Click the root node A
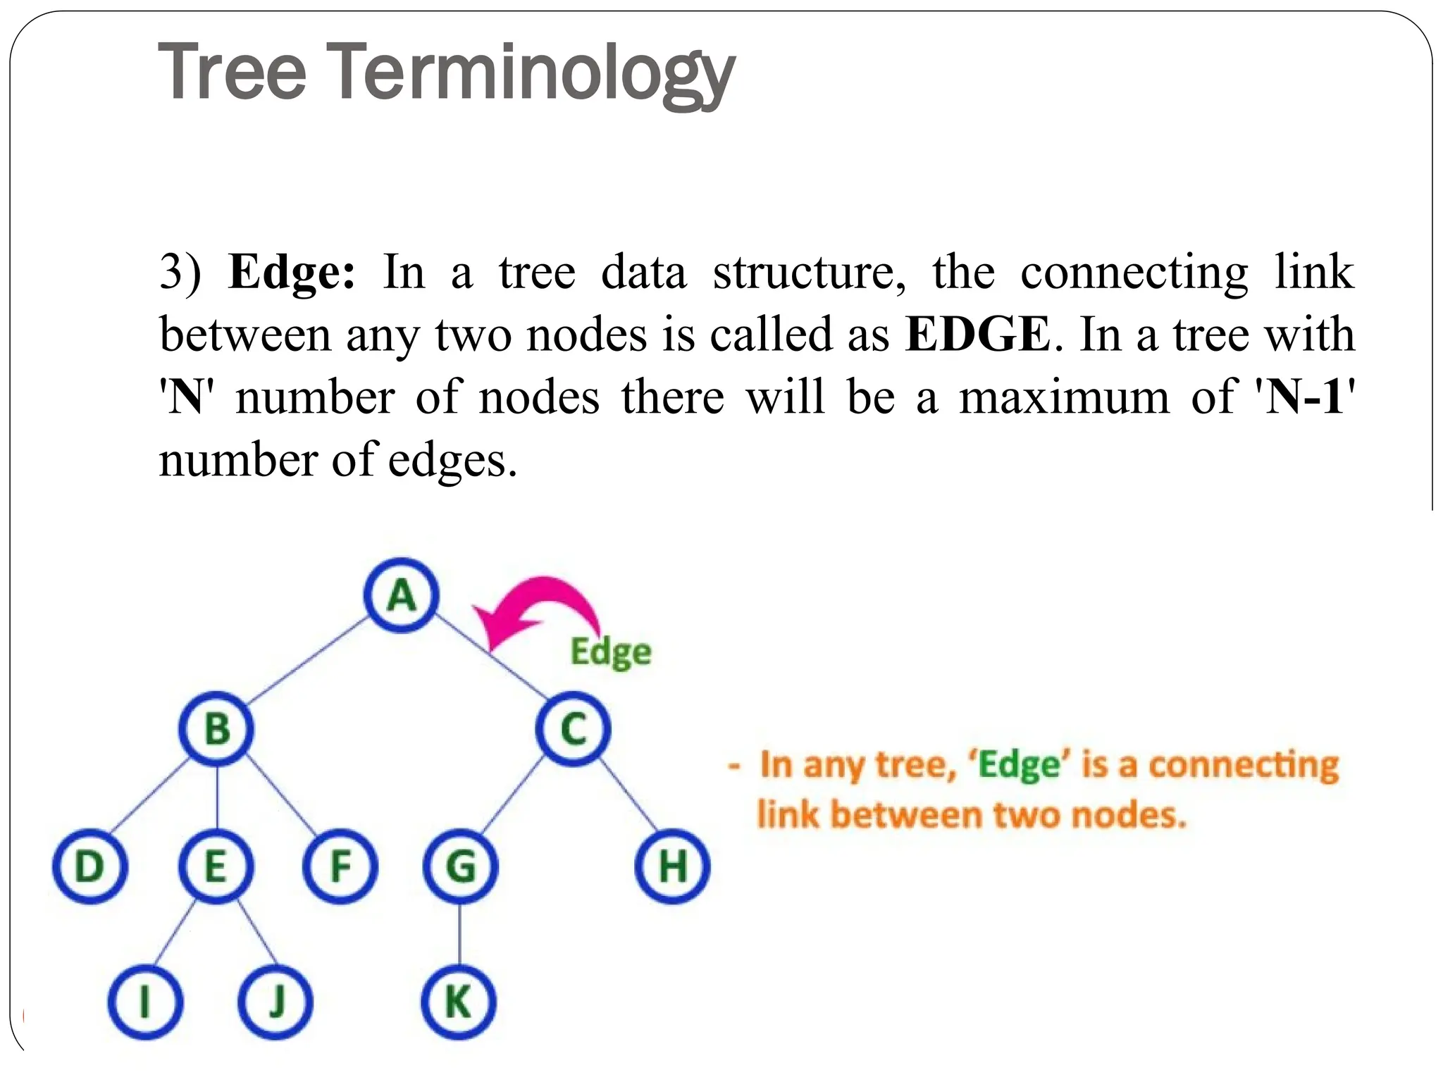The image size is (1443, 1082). click(x=402, y=595)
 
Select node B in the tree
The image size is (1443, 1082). click(x=216, y=728)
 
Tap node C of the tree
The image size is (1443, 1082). click(x=574, y=728)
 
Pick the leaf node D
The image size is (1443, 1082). click(x=90, y=866)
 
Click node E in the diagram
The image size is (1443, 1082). click(x=216, y=866)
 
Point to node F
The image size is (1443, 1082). click(x=340, y=866)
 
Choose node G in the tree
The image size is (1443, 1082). click(x=461, y=866)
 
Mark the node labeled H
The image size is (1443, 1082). click(x=672, y=866)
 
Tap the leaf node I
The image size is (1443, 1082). click(x=145, y=1002)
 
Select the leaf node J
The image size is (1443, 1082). click(x=275, y=1002)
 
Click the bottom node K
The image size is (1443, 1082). click(x=459, y=1002)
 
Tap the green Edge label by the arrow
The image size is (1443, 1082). click(x=610, y=652)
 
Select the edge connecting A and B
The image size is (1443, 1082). click(x=307, y=662)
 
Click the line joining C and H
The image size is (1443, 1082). click(x=628, y=794)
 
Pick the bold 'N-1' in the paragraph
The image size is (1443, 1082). click(x=1303, y=397)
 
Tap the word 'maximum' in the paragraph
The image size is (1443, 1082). click(x=1064, y=397)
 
